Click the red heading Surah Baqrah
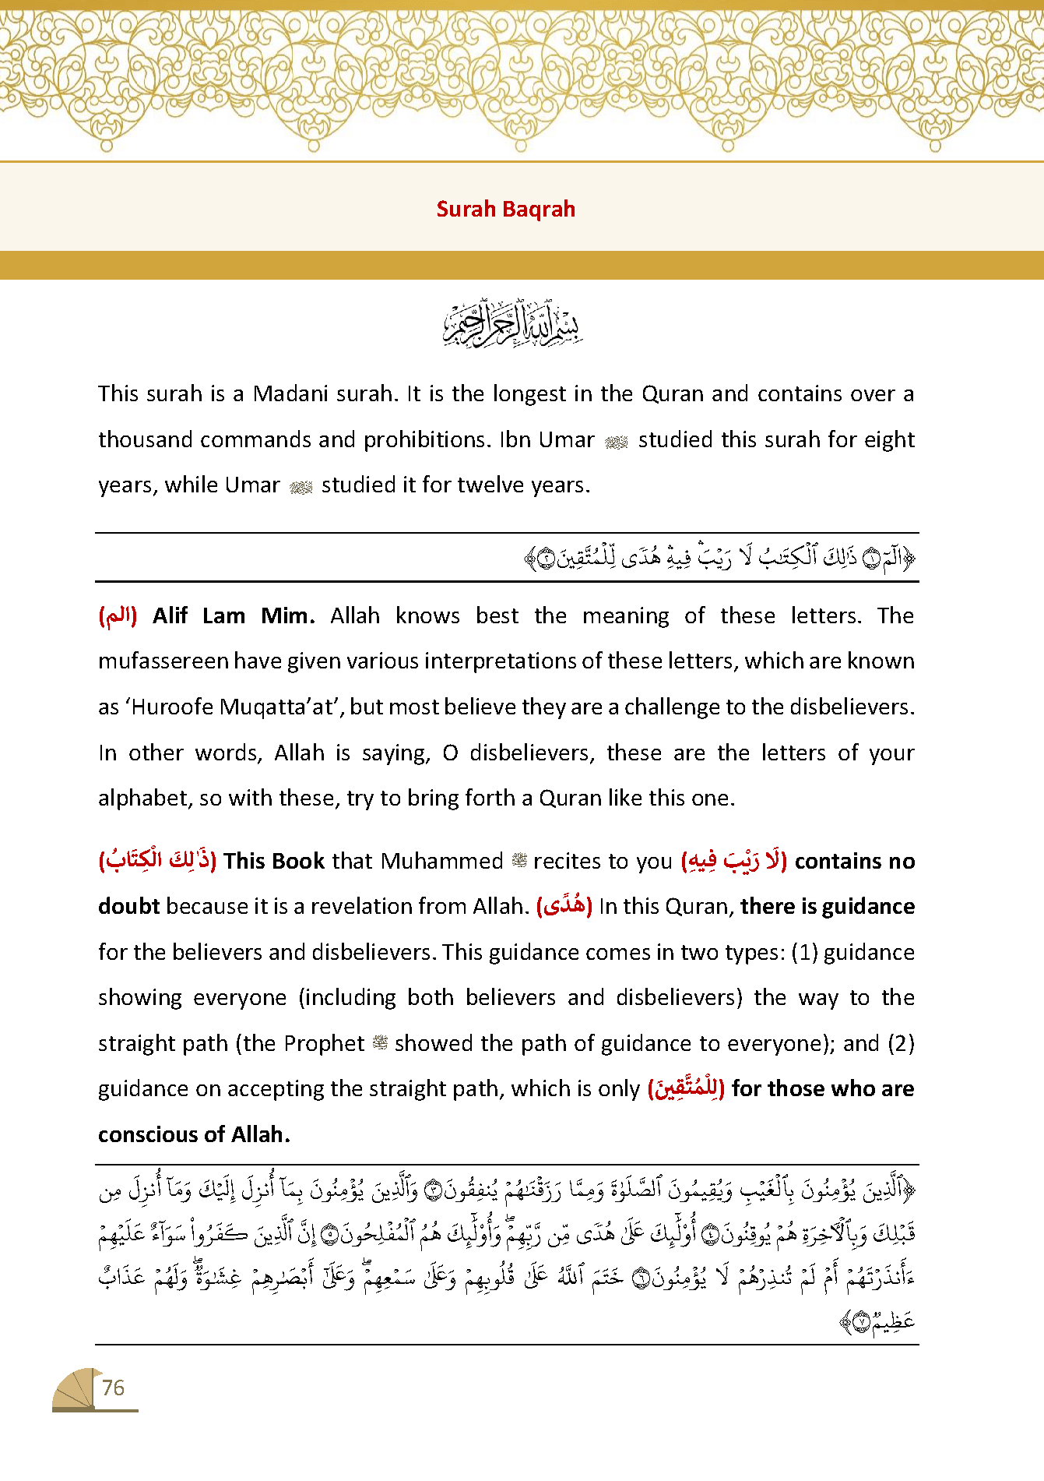[x=505, y=209]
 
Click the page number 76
[x=114, y=1388]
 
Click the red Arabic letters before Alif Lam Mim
[x=118, y=615]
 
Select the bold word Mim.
[x=287, y=615]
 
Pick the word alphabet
[x=144, y=799]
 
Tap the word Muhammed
[x=442, y=861]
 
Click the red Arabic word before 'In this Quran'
[x=564, y=907]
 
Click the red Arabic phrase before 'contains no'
[x=734, y=861]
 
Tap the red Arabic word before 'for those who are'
[x=686, y=1088]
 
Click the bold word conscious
[x=144, y=1134]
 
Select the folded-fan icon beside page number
[x=76, y=1389]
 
